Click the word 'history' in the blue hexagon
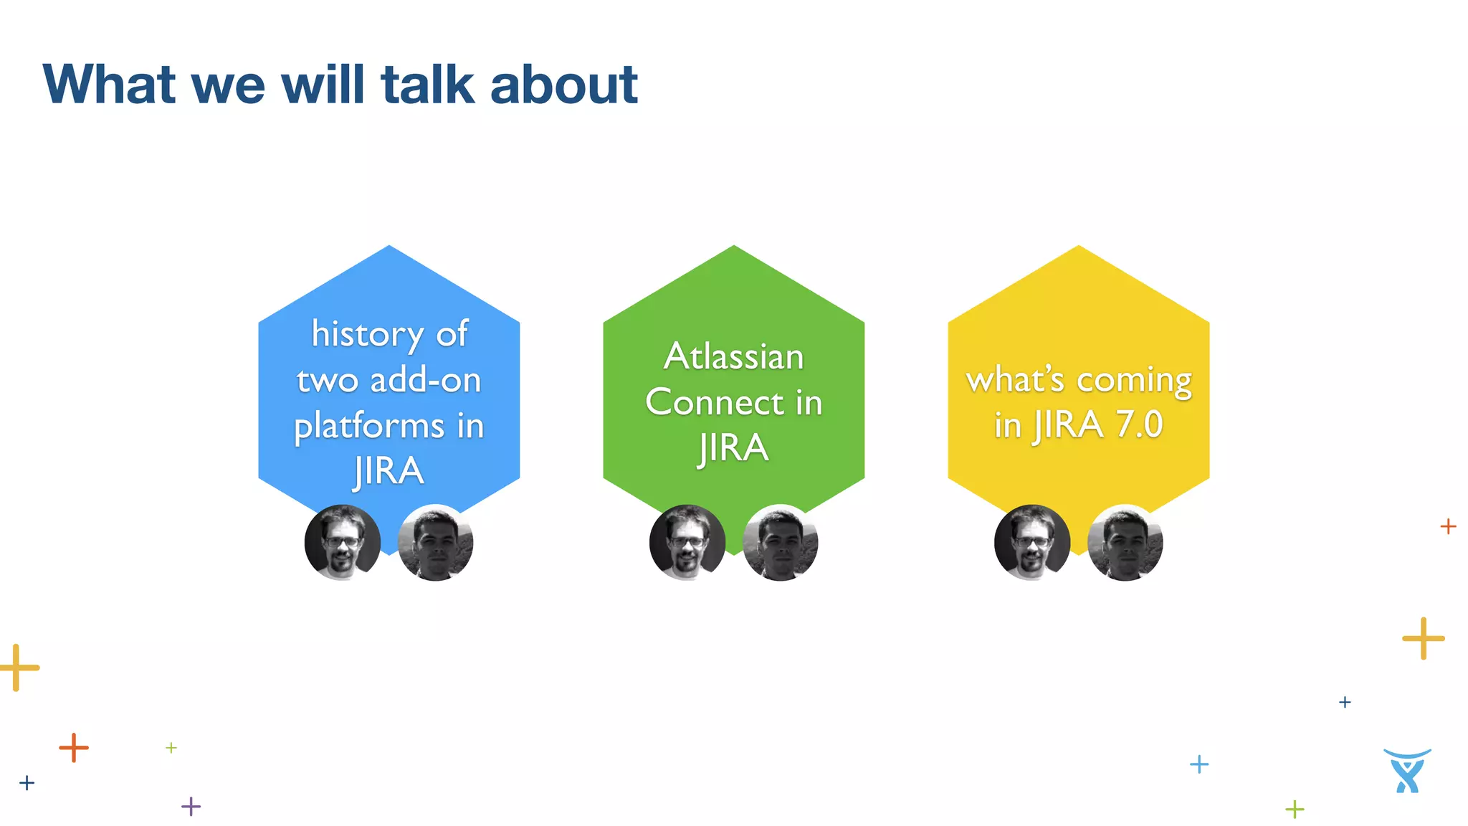coord(367,335)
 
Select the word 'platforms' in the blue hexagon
coord(369,427)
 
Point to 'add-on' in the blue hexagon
coord(425,380)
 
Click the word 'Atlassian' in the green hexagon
coord(733,356)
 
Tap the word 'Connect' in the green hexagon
coord(714,402)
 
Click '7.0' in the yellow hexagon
coord(1138,424)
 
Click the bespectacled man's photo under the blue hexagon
coord(343,543)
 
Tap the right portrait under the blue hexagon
coord(436,543)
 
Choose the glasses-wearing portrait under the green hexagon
coord(687,543)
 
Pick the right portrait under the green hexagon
coord(781,543)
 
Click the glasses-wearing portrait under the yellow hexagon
coord(1032,543)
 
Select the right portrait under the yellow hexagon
coord(1125,543)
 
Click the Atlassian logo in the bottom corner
coord(1406,772)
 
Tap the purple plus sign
coord(191,807)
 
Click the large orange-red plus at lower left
coord(74,748)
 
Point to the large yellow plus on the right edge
coord(1423,638)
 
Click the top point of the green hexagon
coord(733,247)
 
